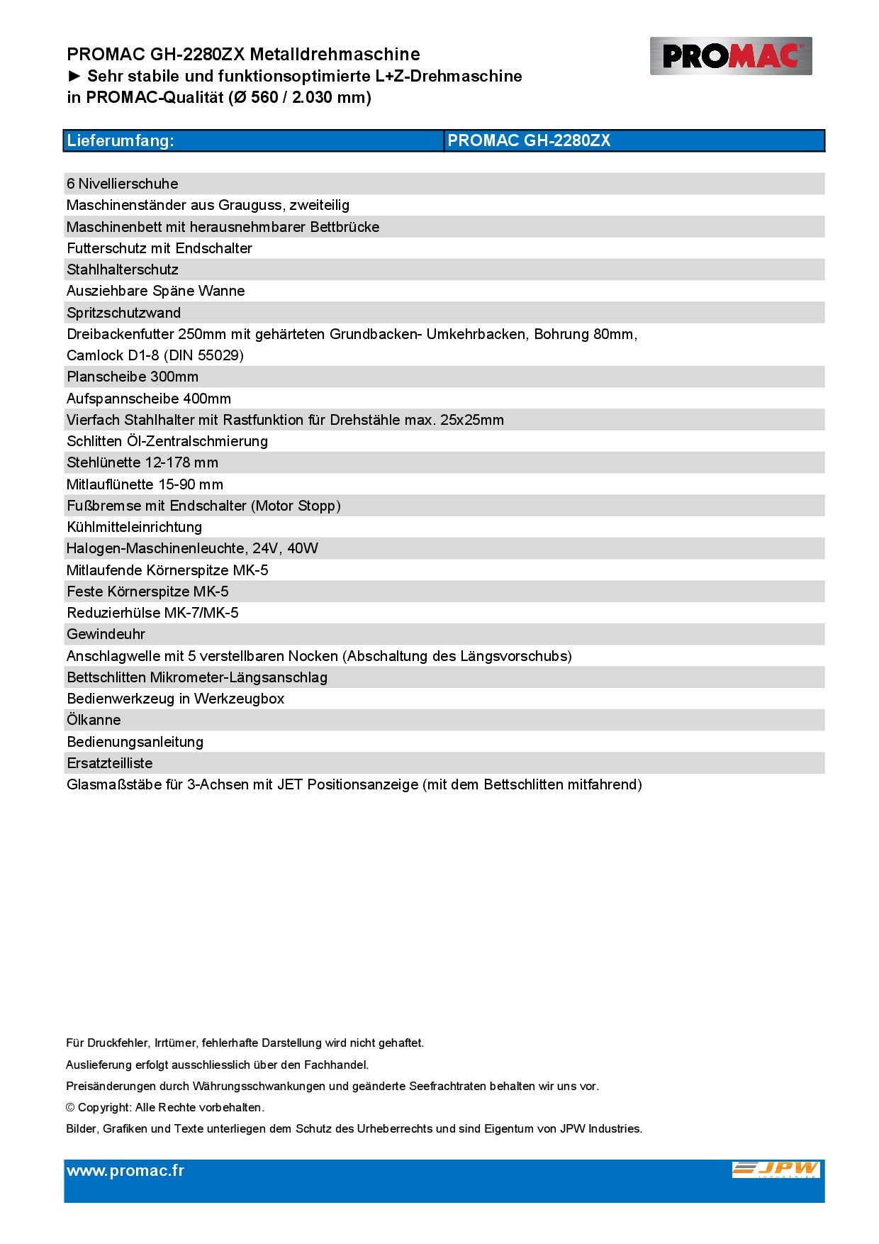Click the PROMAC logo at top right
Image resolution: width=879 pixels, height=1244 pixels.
(730, 56)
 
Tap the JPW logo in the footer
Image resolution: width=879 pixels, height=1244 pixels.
(776, 1170)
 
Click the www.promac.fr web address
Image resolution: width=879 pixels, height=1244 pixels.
(125, 1171)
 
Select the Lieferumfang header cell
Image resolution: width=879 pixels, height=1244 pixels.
(121, 140)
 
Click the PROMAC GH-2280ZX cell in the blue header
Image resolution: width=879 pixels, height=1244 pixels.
(529, 140)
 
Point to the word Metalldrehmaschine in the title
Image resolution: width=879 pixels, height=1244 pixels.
(335, 55)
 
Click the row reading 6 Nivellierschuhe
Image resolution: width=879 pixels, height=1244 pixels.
(123, 184)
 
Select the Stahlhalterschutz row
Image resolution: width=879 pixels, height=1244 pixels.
(123, 270)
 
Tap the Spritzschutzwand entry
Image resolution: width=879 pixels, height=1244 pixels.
(124, 313)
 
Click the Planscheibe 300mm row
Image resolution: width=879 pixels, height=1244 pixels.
(133, 377)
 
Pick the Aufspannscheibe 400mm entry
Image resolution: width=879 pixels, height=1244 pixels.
(149, 399)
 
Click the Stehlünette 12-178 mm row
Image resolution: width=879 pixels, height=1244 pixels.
(142, 462)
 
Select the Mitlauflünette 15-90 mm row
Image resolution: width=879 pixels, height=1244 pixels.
(145, 484)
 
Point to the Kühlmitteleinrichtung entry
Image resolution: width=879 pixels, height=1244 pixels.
(135, 527)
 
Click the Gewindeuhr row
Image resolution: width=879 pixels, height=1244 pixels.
(106, 634)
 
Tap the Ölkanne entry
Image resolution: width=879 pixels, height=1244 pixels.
(94, 720)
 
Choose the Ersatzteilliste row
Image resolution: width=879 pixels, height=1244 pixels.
(110, 763)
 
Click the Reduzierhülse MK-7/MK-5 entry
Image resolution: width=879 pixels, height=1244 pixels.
(152, 613)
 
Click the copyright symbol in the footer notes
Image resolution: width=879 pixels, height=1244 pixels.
(70, 1108)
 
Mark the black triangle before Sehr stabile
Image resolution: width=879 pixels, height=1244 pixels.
(74, 77)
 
